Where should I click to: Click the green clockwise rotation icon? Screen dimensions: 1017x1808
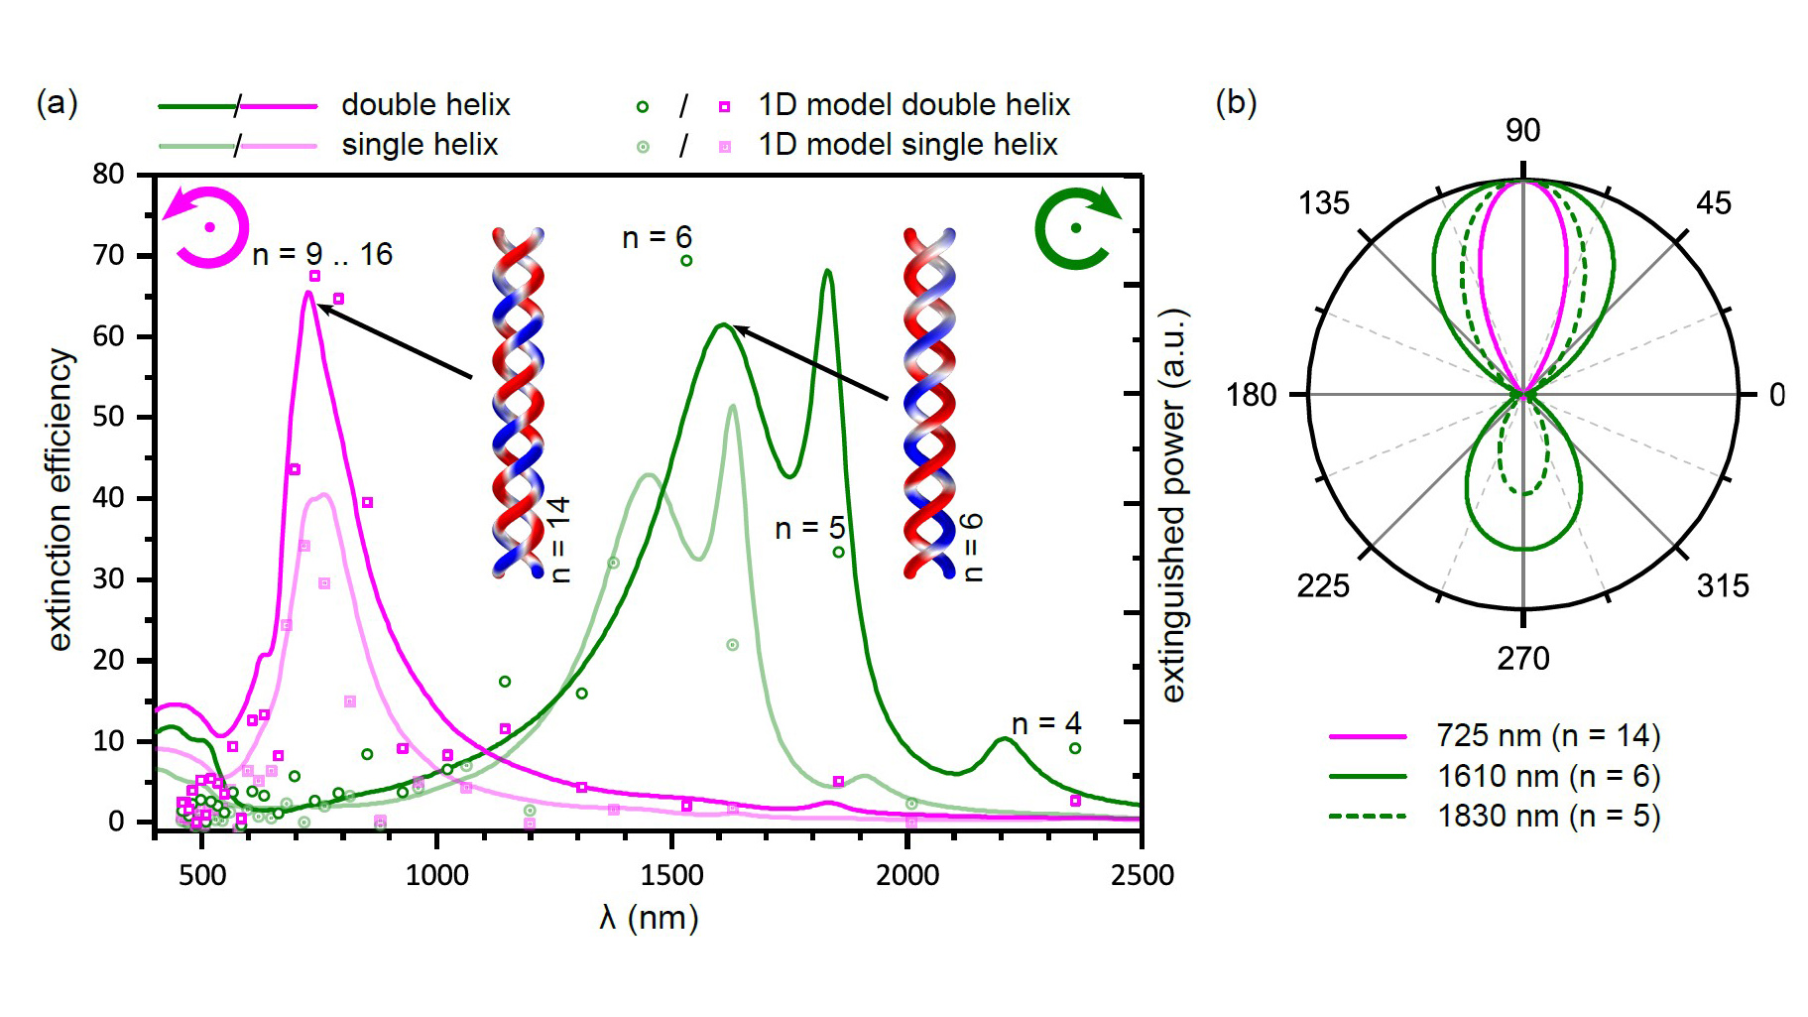[1075, 228]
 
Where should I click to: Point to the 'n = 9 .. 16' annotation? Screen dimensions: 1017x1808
[322, 255]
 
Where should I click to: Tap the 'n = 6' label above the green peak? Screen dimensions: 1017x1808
[657, 238]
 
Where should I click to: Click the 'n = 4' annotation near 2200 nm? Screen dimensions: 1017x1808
[1045, 724]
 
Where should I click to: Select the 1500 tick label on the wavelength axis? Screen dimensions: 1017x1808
[672, 875]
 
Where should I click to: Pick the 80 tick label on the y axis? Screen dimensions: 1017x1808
[108, 175]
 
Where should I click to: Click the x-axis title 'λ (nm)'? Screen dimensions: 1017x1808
[649, 918]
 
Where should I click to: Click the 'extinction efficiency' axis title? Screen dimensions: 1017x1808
[60, 499]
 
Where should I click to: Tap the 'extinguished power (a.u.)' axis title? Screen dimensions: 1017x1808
[1173, 505]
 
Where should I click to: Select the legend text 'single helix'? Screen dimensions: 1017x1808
[420, 145]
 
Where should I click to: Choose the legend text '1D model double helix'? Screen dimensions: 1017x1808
[913, 105]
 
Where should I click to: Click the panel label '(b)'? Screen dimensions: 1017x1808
[1236, 102]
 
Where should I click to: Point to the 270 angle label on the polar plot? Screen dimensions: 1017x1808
[1522, 658]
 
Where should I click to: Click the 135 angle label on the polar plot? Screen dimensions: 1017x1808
[1324, 203]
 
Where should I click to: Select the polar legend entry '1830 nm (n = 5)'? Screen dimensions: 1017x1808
[1548, 817]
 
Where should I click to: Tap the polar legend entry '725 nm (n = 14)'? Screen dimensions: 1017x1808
[1548, 736]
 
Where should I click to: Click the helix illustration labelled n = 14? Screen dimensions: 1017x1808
[518, 402]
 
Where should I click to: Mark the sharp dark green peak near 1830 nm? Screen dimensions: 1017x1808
[827, 271]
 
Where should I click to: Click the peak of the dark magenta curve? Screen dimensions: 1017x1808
[309, 293]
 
